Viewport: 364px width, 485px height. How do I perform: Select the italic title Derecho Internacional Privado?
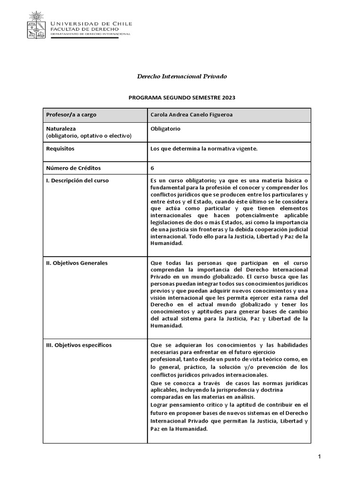182,76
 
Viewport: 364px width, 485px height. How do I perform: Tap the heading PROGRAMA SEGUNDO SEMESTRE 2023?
182,98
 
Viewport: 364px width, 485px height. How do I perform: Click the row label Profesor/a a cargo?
71,115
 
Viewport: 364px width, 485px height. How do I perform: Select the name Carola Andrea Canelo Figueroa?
191,115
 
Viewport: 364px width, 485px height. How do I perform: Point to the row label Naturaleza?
61,128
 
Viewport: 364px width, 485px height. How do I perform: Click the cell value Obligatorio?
165,128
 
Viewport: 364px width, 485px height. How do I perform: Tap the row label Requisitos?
60,148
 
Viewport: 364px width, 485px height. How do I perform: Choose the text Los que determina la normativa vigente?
203,149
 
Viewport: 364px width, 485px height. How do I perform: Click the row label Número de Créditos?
73,168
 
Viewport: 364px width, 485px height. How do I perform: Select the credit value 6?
152,168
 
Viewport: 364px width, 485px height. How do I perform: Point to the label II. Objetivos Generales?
77,263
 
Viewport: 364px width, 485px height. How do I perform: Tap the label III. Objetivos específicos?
79,345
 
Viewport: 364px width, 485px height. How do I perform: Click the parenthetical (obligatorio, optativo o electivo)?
89,136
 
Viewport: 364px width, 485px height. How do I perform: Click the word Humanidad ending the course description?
166,243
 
